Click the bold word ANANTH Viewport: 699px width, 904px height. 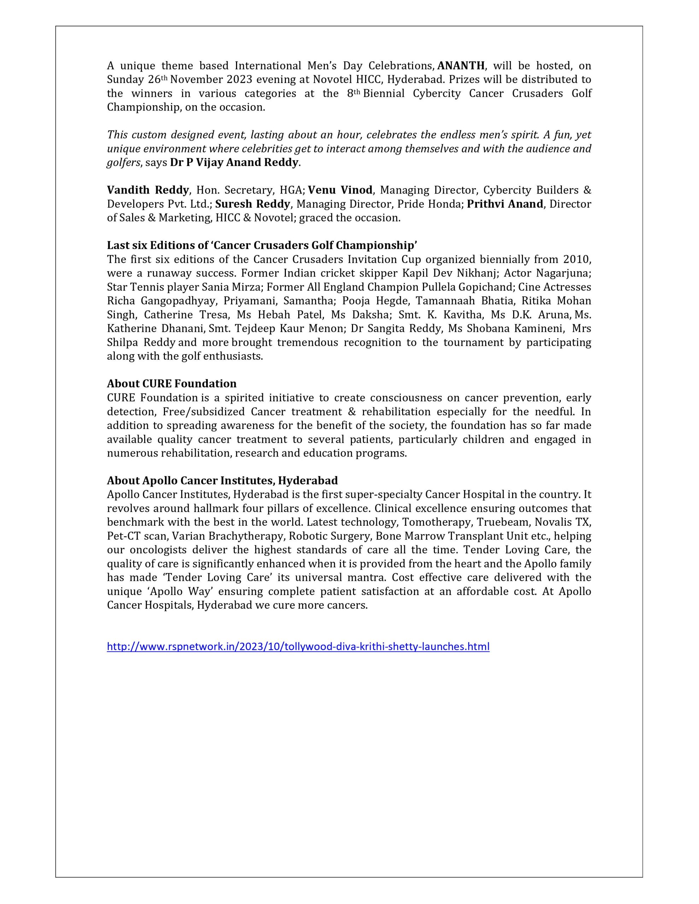[x=461, y=66]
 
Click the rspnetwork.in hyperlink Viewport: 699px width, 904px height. [x=298, y=646]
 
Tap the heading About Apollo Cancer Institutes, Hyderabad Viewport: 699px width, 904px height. [x=222, y=480]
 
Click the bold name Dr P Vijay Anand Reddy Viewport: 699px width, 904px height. [x=234, y=163]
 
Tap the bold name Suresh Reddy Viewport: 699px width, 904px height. [x=252, y=204]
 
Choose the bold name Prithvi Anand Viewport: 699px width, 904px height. [x=505, y=204]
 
